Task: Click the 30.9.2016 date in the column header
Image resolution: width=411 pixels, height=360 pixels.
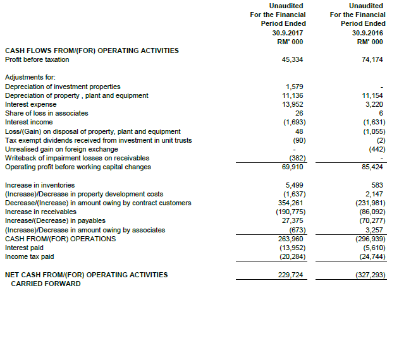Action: click(x=367, y=32)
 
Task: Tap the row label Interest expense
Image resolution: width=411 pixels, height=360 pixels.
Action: click(x=30, y=104)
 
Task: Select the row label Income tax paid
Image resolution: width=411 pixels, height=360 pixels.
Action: click(x=29, y=256)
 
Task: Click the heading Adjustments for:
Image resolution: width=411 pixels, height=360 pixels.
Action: click(x=29, y=78)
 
